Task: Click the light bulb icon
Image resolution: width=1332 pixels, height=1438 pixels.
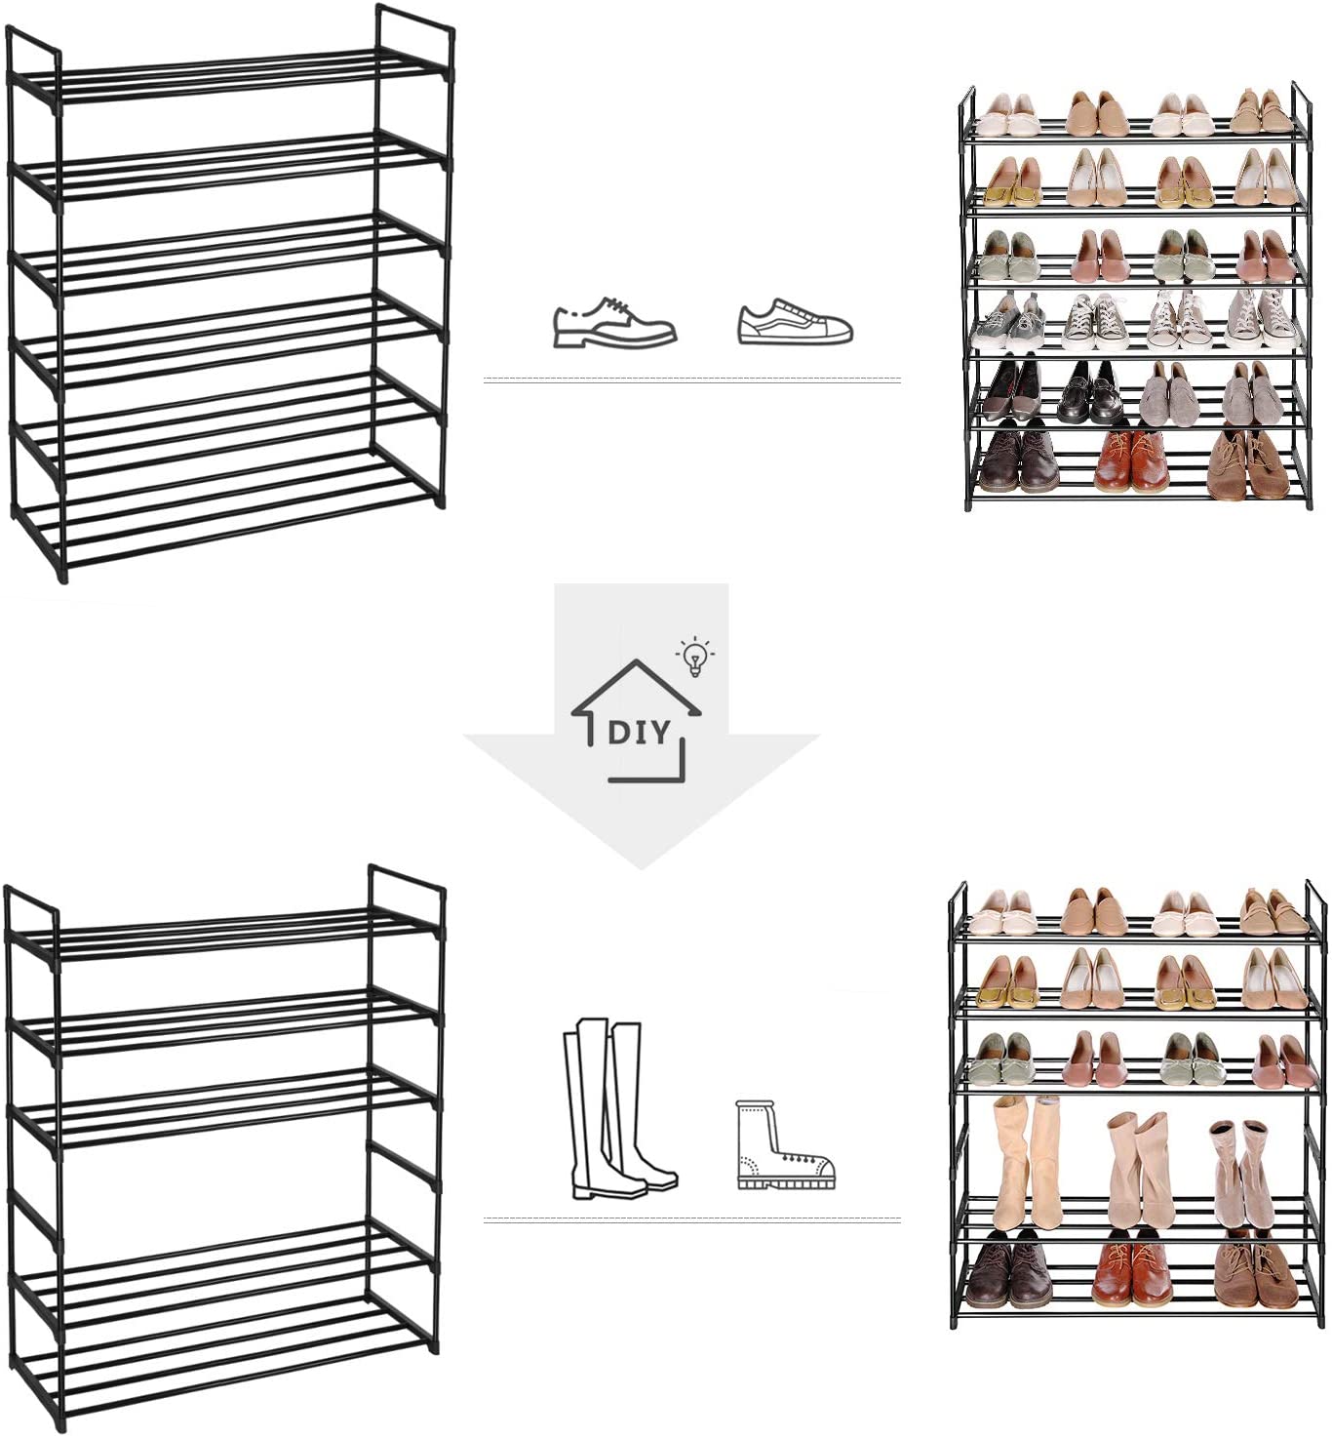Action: pos(695,657)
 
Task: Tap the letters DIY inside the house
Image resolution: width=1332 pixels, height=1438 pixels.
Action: pos(639,733)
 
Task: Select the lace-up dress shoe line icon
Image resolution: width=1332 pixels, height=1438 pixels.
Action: pos(614,322)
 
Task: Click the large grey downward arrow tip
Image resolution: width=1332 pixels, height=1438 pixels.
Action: pos(641,868)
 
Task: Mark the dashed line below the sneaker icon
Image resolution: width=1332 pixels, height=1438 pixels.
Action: pos(692,379)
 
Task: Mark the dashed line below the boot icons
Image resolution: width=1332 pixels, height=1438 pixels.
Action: pos(692,1219)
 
